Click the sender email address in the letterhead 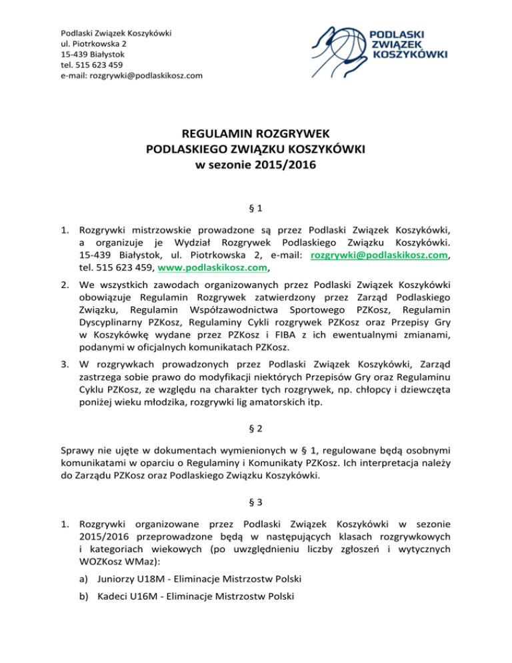(131, 75)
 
